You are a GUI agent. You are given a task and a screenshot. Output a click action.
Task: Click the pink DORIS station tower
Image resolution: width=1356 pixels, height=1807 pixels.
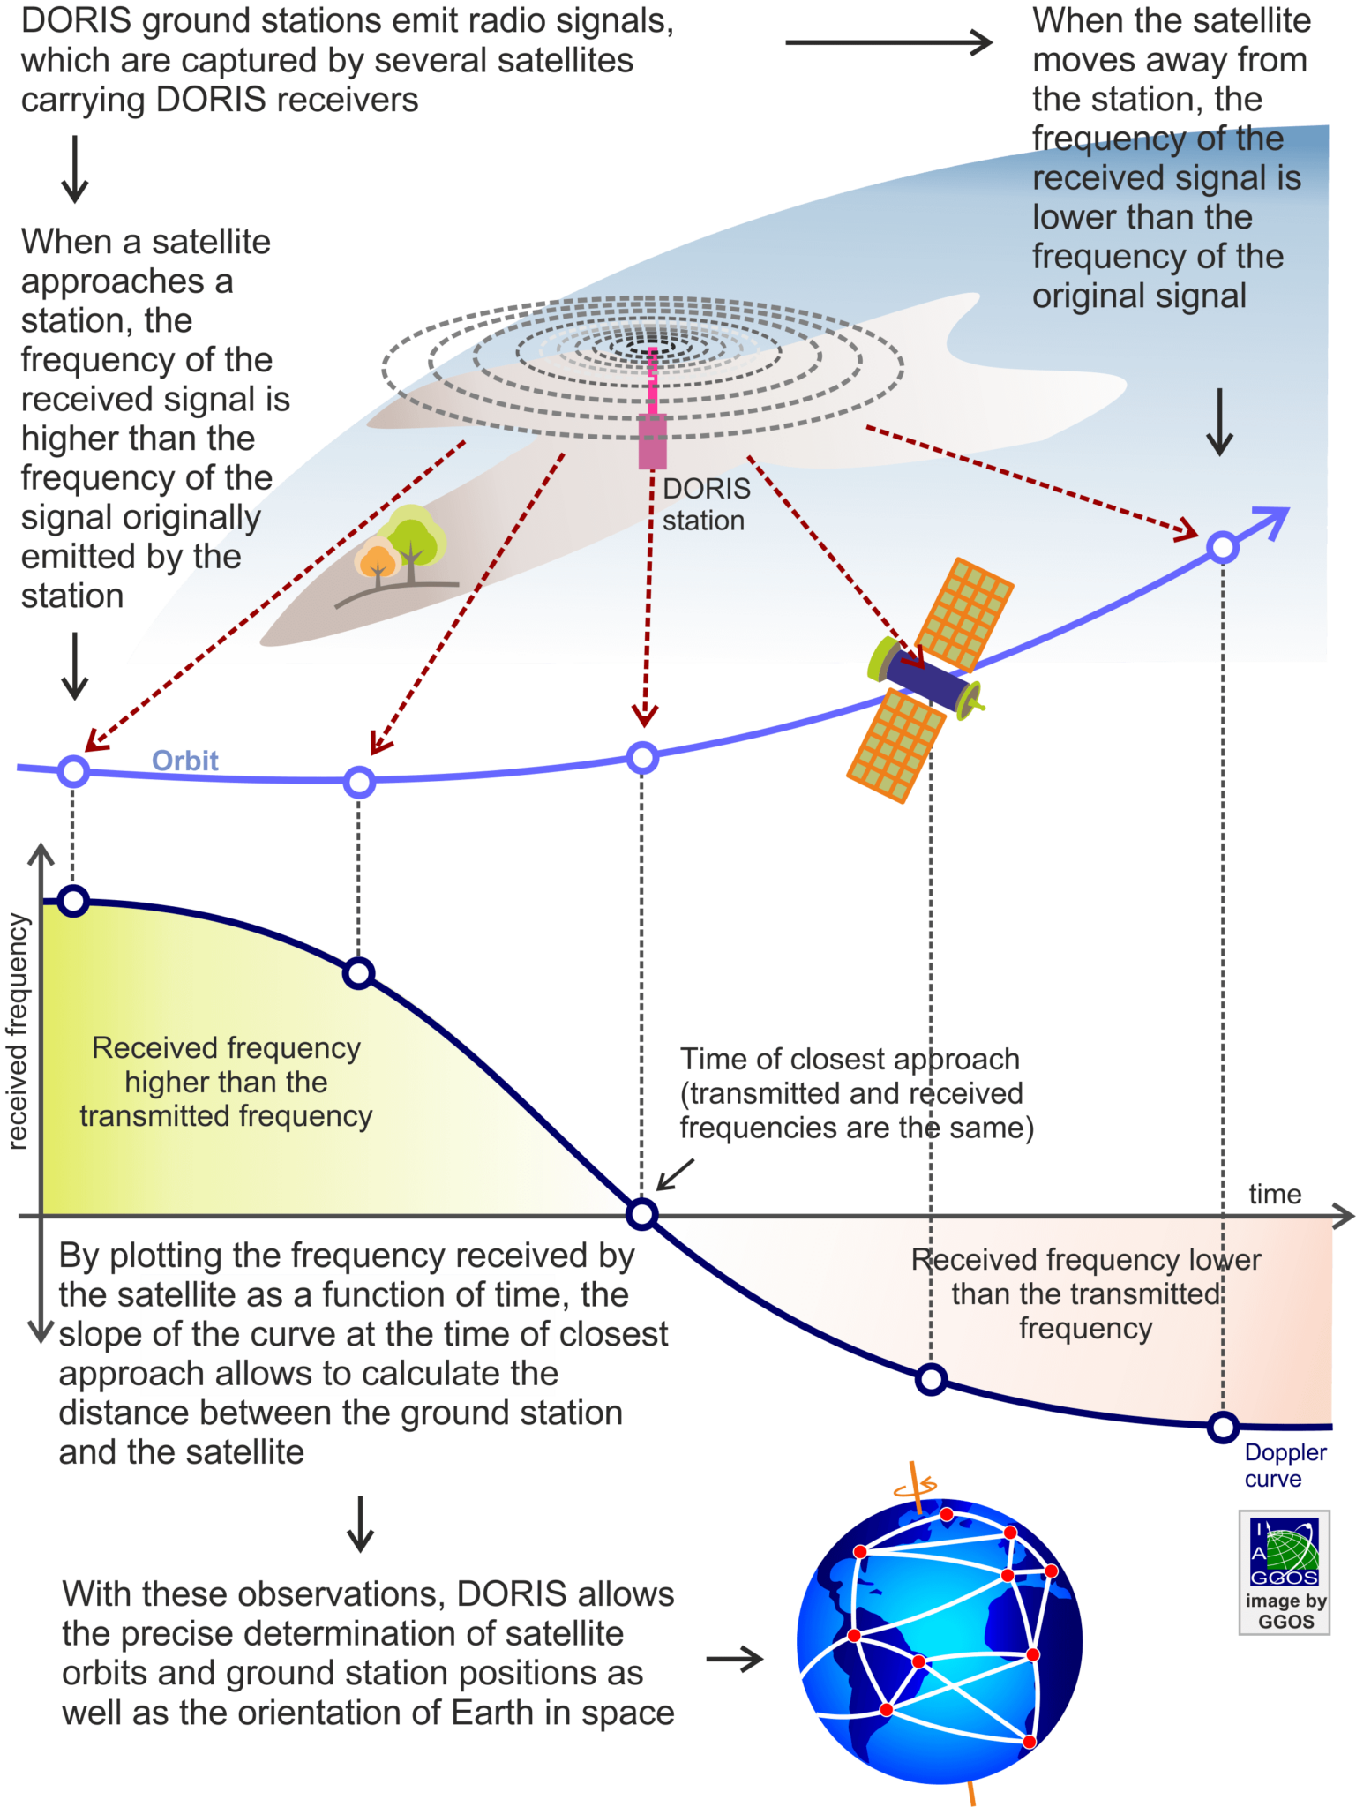click(652, 424)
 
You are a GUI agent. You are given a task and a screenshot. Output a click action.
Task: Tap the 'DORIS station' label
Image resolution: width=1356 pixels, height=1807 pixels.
click(706, 504)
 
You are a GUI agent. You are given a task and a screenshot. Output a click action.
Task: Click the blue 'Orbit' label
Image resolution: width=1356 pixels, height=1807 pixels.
click(184, 761)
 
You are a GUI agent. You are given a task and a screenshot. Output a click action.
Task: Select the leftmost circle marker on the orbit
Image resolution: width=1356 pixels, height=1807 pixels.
click(74, 771)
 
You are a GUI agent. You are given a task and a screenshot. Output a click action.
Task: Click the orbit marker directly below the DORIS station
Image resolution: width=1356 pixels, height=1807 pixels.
click(642, 757)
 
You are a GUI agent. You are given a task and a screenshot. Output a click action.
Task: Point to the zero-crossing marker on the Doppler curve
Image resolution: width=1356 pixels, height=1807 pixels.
click(642, 1214)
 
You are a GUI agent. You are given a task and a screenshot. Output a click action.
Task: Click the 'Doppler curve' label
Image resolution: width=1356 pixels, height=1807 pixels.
click(1284, 1465)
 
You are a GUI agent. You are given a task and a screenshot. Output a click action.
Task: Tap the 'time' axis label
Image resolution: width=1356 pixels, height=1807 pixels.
click(1274, 1194)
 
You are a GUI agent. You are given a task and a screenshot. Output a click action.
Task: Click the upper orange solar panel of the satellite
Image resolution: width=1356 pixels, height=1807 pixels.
click(964, 614)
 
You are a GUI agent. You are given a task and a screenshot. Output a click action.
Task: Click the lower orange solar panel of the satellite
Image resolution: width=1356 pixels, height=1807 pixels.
click(895, 746)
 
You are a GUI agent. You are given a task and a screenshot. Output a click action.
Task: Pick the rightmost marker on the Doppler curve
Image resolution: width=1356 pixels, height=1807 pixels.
click(1223, 1426)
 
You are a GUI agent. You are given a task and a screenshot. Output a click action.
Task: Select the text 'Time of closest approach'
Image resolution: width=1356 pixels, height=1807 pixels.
click(850, 1059)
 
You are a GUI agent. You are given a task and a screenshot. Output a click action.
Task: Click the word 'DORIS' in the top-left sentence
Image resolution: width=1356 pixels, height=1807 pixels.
click(76, 21)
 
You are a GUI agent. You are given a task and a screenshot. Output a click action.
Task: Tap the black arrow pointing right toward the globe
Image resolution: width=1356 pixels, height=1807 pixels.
click(735, 1659)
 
